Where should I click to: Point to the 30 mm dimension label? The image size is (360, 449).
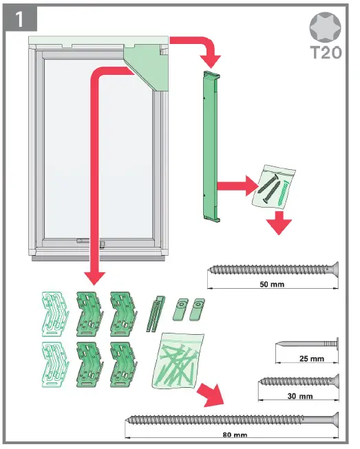298,396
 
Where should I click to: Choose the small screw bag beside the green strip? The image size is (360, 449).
275,186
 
